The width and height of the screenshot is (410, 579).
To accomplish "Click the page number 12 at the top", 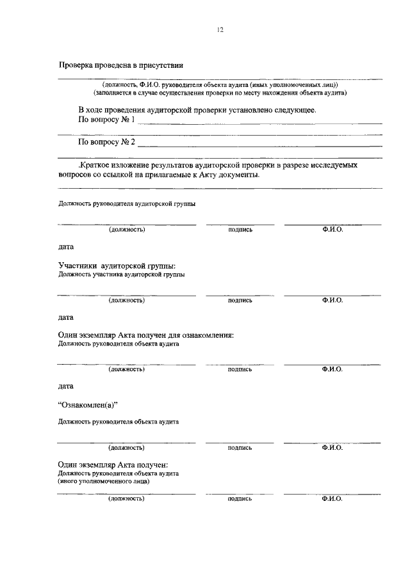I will pos(220,29).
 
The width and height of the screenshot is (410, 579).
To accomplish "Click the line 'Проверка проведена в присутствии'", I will pos(121,65).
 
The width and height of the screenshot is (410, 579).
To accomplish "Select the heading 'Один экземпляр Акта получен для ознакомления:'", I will pos(145,335).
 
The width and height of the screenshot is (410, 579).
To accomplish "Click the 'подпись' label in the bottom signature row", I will pos(240,498).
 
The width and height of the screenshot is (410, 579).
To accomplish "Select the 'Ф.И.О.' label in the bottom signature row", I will pos(332,498).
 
